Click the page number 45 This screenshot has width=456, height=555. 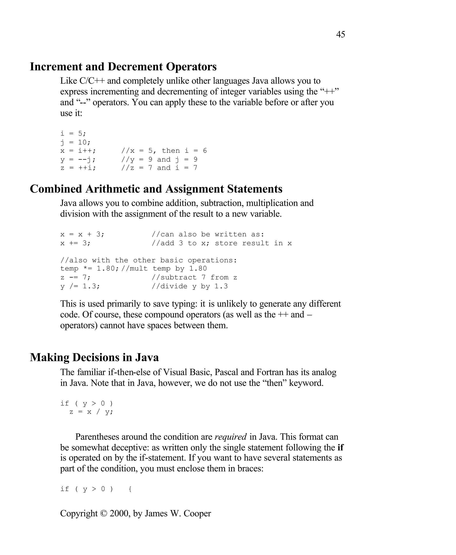pyautogui.click(x=340, y=35)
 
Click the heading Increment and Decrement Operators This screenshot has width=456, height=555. pyautogui.click(x=123, y=67)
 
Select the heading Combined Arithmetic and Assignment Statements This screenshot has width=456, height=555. pyautogui.click(x=156, y=189)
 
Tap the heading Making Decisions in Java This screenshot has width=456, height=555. pyautogui.click(x=94, y=357)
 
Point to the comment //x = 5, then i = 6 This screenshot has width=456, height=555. pyautogui.click(x=164, y=151)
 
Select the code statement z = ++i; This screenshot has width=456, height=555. pyautogui.click(x=78, y=168)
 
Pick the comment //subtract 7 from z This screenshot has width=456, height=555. pyautogui.click(x=194, y=277)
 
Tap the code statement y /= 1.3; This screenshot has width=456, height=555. pyautogui.click(x=80, y=286)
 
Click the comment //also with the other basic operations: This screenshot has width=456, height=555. pyautogui.click(x=149, y=260)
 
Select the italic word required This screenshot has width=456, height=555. pyautogui.click(x=231, y=437)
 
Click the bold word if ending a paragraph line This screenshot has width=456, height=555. pyautogui.click(x=340, y=447)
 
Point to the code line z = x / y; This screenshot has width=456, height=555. pyautogui.click(x=91, y=412)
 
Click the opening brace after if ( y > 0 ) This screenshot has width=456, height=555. pyautogui.click(x=130, y=489)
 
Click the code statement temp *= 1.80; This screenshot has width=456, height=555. pyautogui.click(x=90, y=269)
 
